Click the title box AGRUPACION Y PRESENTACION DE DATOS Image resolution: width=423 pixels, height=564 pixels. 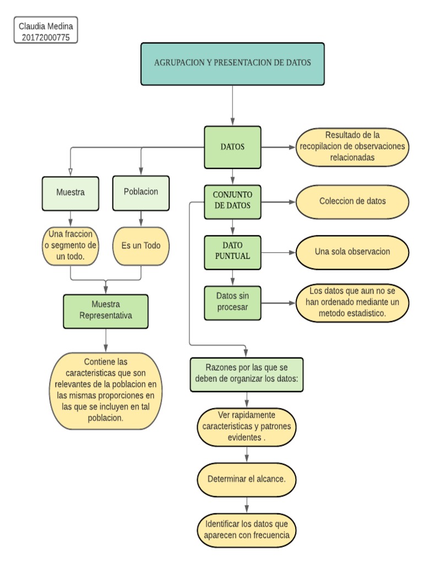tap(232, 63)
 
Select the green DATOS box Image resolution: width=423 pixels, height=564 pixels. tap(232, 147)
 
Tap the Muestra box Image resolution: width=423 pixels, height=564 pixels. tap(70, 193)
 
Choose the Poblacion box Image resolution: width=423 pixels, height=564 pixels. tap(141, 192)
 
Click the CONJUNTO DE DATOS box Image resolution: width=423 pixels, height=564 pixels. tap(232, 200)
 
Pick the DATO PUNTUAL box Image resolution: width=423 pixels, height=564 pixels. tap(232, 251)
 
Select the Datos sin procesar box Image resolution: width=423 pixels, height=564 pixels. tap(232, 302)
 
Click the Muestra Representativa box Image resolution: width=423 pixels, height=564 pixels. tap(105, 311)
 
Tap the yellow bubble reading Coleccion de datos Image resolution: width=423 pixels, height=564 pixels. tap(352, 201)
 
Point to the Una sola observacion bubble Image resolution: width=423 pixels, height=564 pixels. tap(352, 252)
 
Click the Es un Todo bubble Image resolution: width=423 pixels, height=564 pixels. tap(141, 246)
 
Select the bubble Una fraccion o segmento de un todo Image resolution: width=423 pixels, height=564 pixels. tap(70, 246)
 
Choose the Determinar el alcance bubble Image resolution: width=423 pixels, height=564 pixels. tap(246, 479)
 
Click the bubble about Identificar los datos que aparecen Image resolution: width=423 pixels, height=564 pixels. tap(246, 529)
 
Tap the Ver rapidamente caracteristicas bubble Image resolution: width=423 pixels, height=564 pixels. tap(246, 427)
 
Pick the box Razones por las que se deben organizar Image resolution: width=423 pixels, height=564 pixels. tap(246, 374)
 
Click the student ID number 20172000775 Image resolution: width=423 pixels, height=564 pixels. tap(46, 37)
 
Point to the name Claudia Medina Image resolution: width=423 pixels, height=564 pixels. tap(46, 26)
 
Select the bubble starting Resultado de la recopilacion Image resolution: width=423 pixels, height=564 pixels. tap(352, 147)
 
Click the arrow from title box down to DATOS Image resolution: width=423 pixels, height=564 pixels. tap(232, 105)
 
